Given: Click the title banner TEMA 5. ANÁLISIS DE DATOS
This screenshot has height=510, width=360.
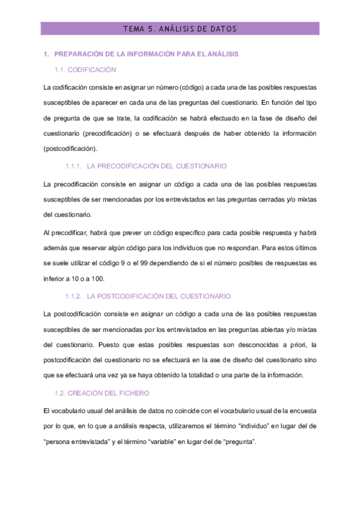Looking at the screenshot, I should (179, 28).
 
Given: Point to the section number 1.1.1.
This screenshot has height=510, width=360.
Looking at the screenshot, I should (73, 165).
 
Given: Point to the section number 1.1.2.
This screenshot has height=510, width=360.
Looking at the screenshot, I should (73, 296).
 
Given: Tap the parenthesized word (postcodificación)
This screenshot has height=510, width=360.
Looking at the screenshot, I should (70, 149).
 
